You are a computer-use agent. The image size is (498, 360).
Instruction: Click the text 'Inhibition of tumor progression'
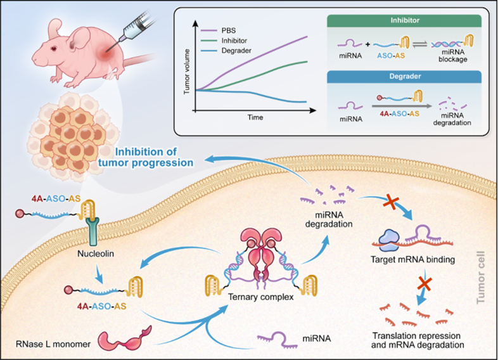[x=155, y=157]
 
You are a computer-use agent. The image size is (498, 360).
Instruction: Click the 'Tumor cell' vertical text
[x=483, y=279]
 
